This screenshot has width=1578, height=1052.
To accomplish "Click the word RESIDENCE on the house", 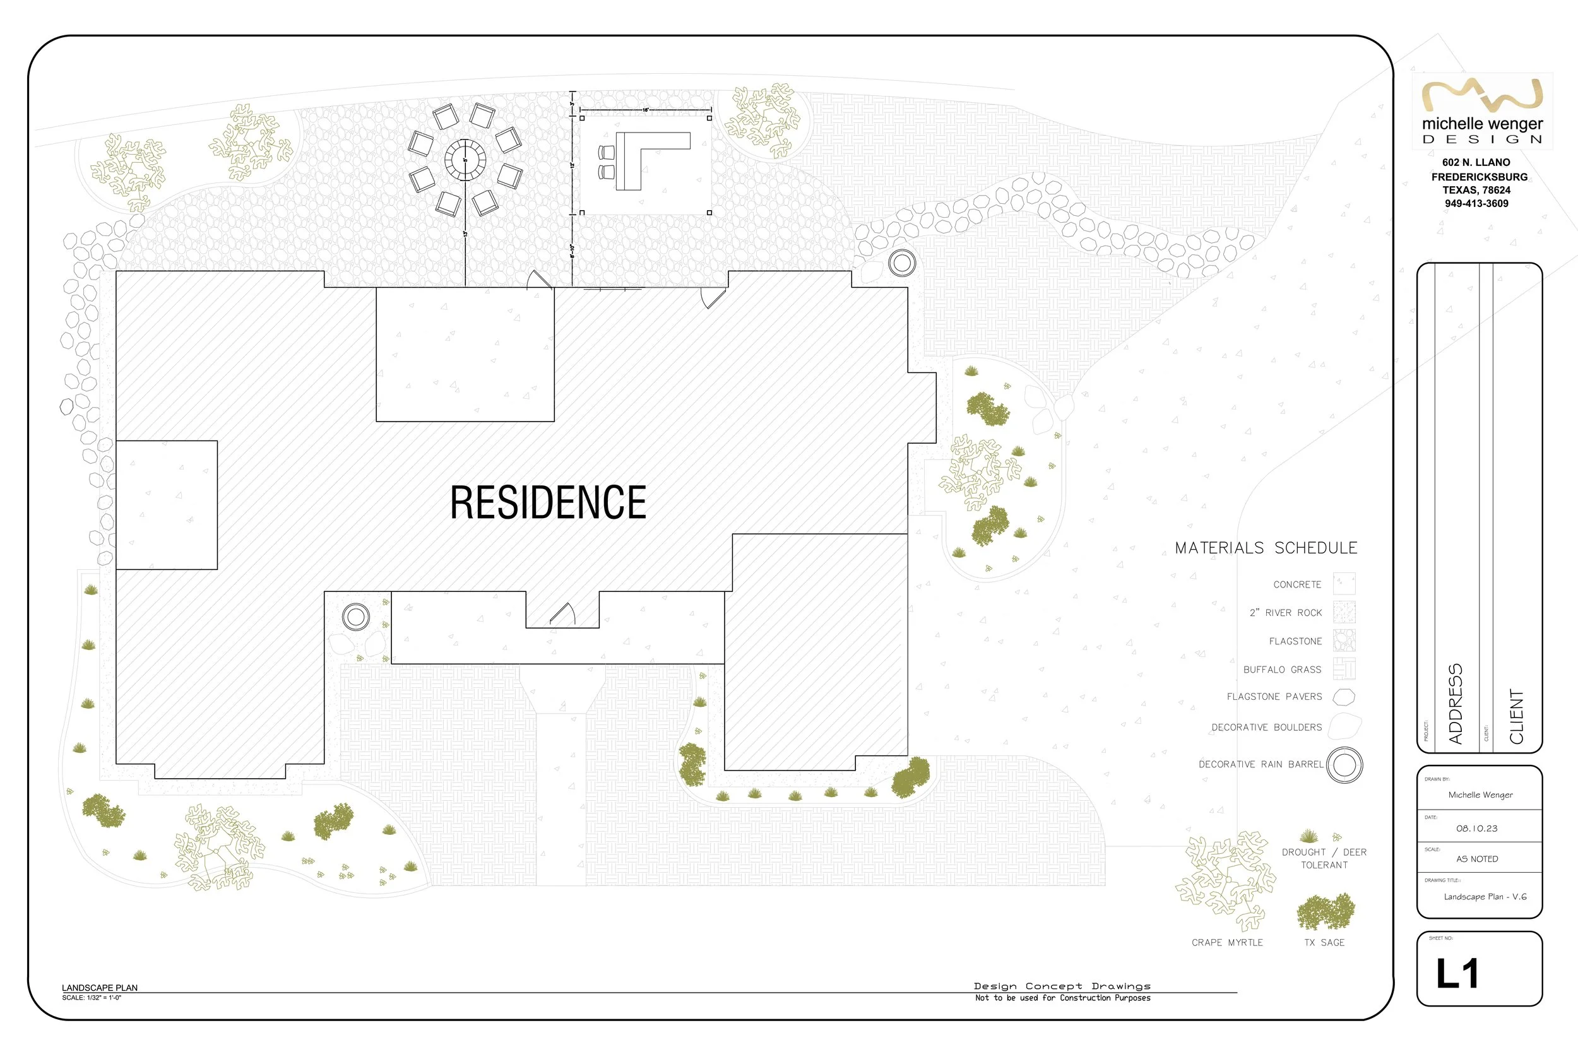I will pyautogui.click(x=548, y=502).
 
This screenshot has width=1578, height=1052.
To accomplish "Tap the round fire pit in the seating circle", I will pyautogui.click(x=465, y=160).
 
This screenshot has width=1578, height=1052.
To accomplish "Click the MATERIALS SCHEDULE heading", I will pyautogui.click(x=1266, y=548).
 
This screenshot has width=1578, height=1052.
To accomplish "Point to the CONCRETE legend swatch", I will pyautogui.click(x=1344, y=584).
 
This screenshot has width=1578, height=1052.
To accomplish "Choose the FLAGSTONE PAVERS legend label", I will pyautogui.click(x=1274, y=697).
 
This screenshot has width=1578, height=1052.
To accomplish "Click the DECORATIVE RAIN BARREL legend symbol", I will pyautogui.click(x=1344, y=765).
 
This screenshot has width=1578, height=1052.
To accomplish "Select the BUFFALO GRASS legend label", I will pyautogui.click(x=1282, y=670).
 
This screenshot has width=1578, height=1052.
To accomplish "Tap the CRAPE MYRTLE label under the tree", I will pyautogui.click(x=1227, y=943).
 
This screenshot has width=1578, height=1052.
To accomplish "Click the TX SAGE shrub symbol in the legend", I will pyautogui.click(x=1325, y=913).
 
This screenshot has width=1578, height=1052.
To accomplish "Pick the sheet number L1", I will pyautogui.click(x=1457, y=974).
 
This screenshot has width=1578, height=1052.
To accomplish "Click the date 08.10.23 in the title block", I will pyautogui.click(x=1476, y=829).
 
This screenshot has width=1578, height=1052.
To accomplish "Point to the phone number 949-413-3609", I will pyautogui.click(x=1476, y=203).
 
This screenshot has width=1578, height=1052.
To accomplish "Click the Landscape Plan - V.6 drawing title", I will pyautogui.click(x=1485, y=897).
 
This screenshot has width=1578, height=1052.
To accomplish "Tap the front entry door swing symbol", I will pyautogui.click(x=564, y=614).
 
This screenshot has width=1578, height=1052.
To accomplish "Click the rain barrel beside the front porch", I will pyautogui.click(x=355, y=616).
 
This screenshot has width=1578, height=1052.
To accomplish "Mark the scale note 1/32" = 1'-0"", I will pyautogui.click(x=92, y=998).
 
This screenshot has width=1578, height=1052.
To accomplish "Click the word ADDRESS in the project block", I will pyautogui.click(x=1455, y=704).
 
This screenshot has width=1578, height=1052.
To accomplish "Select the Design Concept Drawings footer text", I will pyautogui.click(x=1062, y=986).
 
